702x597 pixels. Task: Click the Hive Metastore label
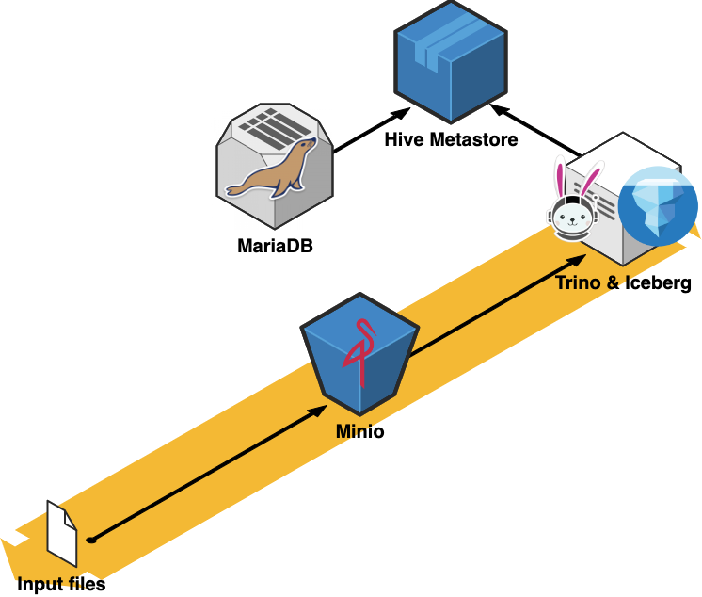[x=450, y=141]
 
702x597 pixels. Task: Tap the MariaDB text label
[x=275, y=249]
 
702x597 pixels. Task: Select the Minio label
[x=359, y=434]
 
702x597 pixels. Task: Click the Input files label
[x=61, y=585]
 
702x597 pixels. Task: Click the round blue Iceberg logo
[x=658, y=206]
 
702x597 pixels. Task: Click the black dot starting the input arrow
[x=91, y=541]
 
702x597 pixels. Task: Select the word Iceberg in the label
[x=661, y=283]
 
